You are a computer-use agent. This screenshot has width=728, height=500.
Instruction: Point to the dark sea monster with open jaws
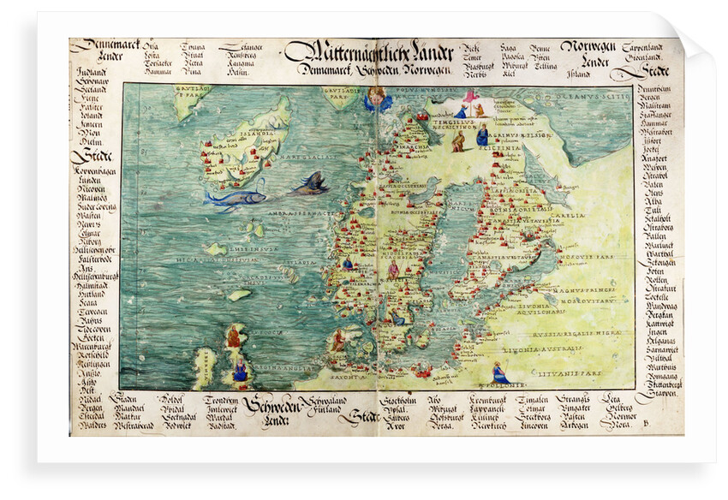[310, 183]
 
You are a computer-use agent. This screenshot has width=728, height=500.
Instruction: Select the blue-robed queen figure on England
[241, 369]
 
